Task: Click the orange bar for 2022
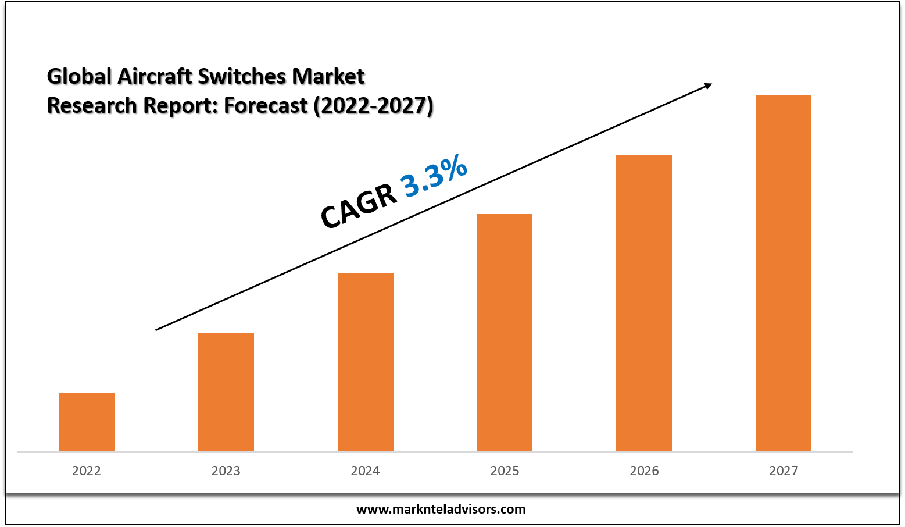point(87,422)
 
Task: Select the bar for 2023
point(226,392)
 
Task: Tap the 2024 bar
point(366,362)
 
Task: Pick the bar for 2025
point(505,333)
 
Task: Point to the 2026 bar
point(644,303)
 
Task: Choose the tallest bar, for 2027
point(784,273)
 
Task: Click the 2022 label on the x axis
point(87,471)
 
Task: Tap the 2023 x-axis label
point(226,471)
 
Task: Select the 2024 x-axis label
point(366,471)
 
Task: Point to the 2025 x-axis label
point(505,471)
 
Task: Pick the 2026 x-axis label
point(644,471)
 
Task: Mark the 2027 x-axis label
point(784,471)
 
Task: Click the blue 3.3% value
point(434,175)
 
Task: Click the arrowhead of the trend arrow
point(707,86)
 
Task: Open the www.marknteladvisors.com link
point(441,510)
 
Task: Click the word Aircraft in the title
point(154,76)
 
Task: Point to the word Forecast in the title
point(266,105)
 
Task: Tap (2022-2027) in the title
point(374,105)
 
